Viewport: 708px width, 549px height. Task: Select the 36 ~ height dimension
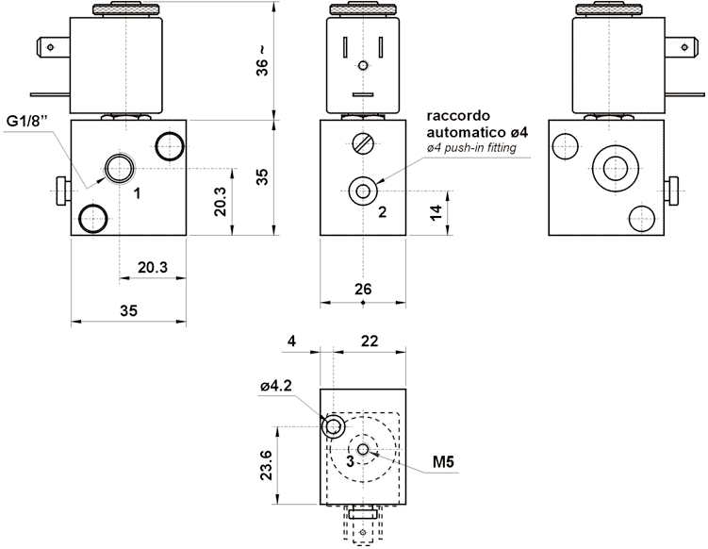click(x=263, y=60)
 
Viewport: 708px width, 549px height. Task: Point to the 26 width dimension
click(x=363, y=289)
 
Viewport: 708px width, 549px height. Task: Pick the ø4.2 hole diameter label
click(x=278, y=386)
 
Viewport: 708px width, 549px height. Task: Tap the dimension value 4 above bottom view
click(x=293, y=340)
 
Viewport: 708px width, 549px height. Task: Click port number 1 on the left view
click(x=138, y=193)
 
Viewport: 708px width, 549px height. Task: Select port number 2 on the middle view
click(x=383, y=211)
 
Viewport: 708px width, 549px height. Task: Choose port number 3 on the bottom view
click(x=350, y=461)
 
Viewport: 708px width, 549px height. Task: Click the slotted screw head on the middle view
click(x=363, y=144)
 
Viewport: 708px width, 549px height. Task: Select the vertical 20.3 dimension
click(x=221, y=201)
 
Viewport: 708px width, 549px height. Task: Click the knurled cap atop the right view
click(x=618, y=10)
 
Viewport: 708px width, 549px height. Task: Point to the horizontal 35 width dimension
click(x=128, y=309)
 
